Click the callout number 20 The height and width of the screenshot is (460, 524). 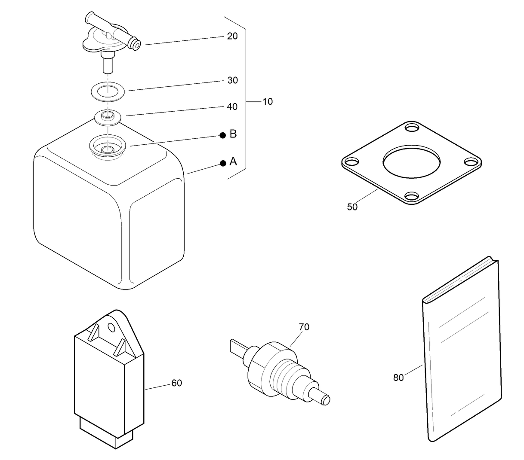232,36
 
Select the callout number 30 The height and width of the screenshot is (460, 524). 232,80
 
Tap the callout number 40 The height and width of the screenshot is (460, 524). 232,107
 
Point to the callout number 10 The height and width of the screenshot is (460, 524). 268,102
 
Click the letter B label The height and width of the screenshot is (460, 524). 233,134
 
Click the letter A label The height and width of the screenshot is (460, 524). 233,161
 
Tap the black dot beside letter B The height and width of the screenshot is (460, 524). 223,135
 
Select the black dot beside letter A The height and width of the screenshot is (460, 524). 223,163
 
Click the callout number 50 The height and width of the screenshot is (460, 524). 352,207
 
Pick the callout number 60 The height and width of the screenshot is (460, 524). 176,383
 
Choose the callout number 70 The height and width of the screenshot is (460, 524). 304,327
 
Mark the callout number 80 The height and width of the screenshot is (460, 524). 398,378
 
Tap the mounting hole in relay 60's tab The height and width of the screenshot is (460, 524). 112,328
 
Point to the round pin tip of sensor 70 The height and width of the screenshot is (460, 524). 326,400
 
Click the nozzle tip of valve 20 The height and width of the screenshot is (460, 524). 136,45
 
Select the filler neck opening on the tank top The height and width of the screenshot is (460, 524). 107,149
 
